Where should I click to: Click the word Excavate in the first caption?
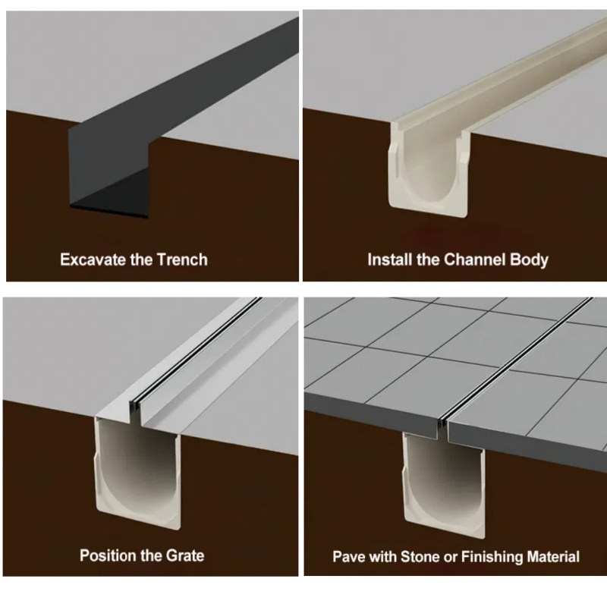(90, 259)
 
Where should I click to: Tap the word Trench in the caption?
(181, 259)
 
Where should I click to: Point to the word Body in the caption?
(528, 259)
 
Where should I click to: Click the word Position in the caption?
(108, 555)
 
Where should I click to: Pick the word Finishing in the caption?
(501, 556)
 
